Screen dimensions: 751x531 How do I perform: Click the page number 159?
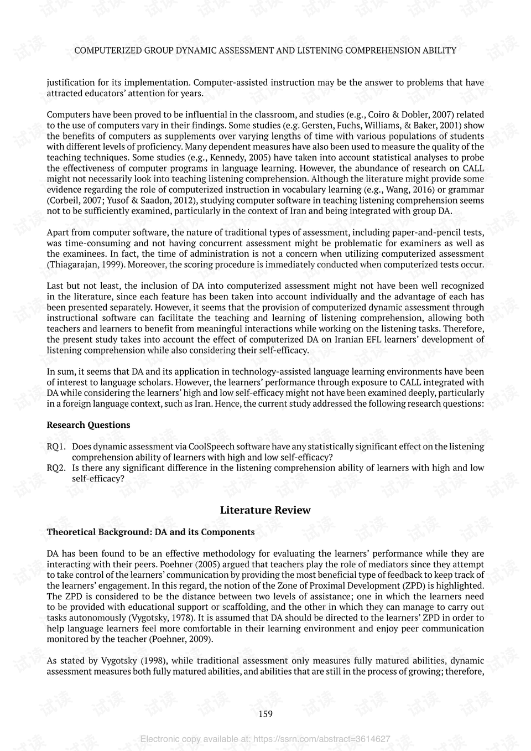coord(265,714)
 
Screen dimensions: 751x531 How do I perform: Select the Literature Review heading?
coord(265,510)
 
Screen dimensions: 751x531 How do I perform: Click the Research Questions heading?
coord(88,425)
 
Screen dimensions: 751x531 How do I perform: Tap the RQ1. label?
coord(56,447)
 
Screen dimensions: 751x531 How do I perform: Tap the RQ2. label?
coord(56,468)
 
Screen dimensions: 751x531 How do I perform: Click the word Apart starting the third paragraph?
coord(58,232)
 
